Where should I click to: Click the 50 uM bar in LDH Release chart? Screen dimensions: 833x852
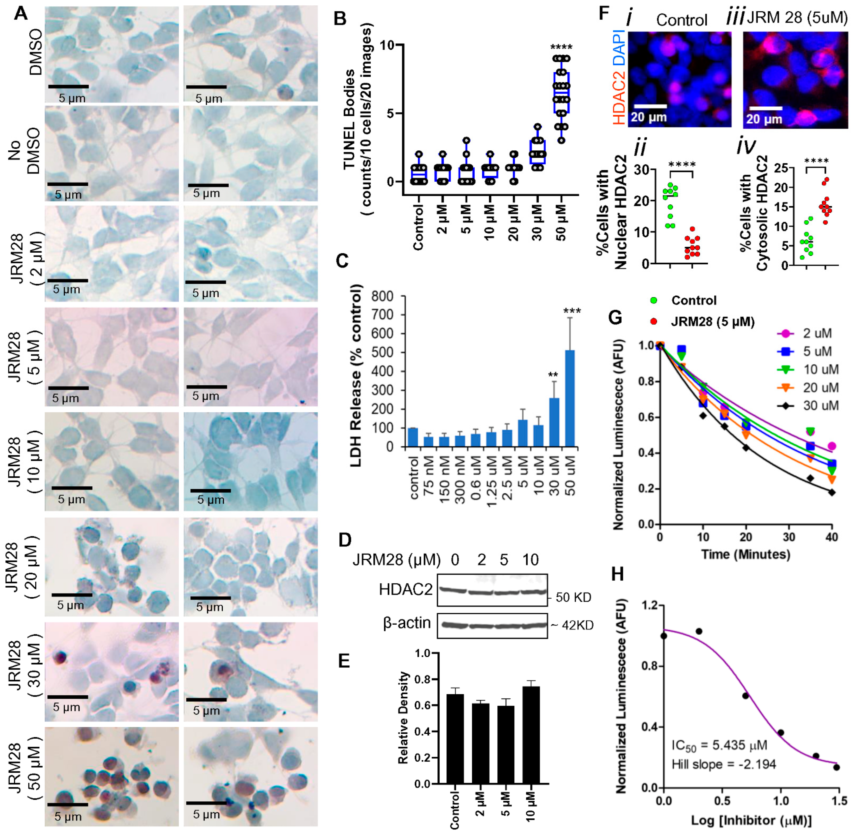click(570, 398)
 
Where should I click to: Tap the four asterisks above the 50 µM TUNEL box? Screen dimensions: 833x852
click(561, 48)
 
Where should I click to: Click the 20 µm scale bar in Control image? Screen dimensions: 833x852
click(650, 106)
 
